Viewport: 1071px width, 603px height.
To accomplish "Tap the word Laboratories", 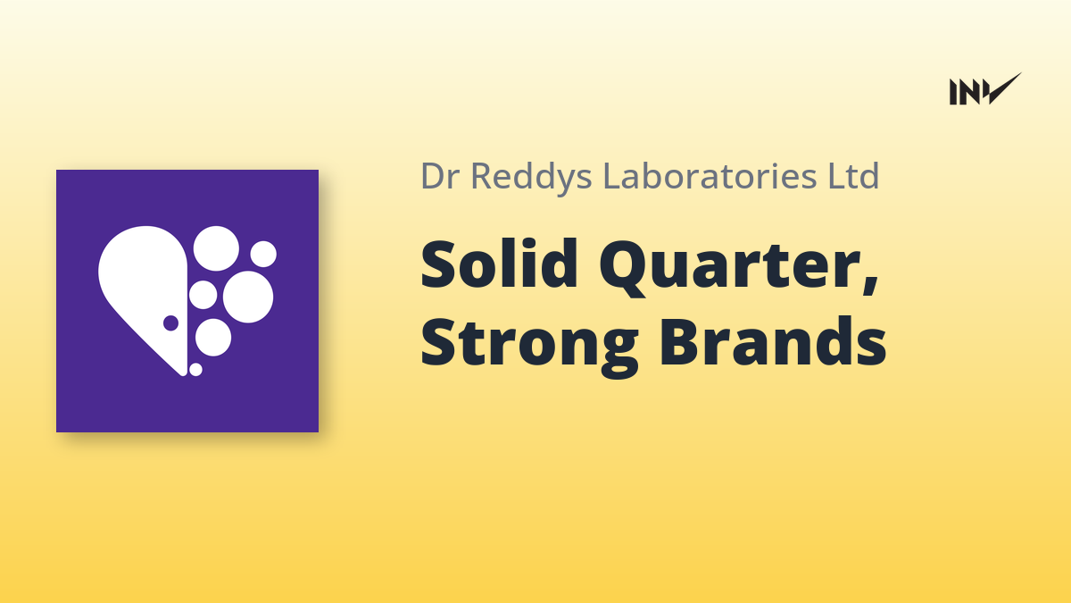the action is tap(710, 176).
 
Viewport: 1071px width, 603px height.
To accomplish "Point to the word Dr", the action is tap(440, 176).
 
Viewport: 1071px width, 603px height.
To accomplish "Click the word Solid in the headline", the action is tap(499, 264).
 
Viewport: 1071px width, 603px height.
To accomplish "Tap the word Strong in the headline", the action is tap(529, 346).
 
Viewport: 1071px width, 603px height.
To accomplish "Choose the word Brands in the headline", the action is tap(773, 341).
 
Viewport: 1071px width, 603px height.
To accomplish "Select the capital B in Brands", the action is tap(682, 341).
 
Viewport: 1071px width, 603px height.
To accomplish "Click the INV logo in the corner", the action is tap(985, 89).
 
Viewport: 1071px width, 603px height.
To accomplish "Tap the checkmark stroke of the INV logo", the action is tap(1005, 88).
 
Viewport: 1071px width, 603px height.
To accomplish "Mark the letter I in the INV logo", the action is tap(953, 92).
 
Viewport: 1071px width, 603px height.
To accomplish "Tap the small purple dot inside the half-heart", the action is tap(170, 323).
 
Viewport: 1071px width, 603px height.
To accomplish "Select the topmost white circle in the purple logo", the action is tap(216, 248).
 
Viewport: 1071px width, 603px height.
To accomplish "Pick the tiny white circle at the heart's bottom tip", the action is tap(195, 370).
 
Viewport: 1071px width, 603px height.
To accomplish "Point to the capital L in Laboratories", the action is tap(613, 176).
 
